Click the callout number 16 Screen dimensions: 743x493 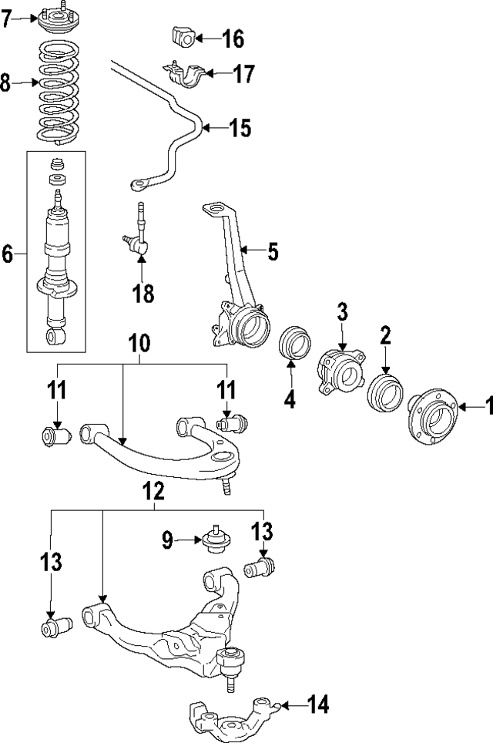tap(232, 37)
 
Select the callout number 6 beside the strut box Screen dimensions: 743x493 tap(8, 252)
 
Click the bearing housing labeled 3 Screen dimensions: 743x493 tap(339, 374)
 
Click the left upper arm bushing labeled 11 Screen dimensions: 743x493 tap(55, 437)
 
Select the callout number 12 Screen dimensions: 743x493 tap(154, 491)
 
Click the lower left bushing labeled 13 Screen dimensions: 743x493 tap(55, 627)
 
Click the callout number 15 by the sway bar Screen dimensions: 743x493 tap(240, 127)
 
